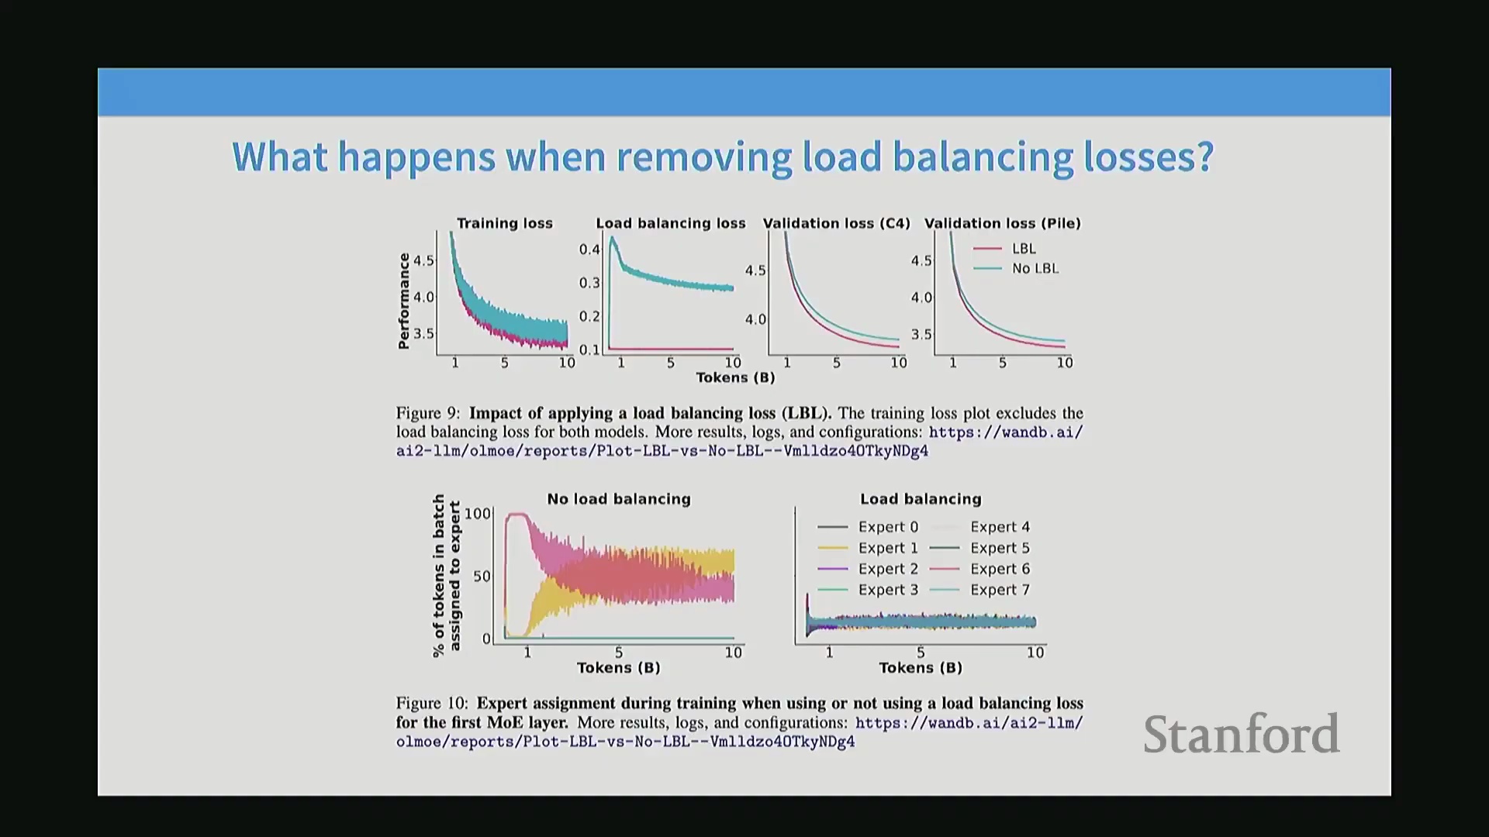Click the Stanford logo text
[1241, 734]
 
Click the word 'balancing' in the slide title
[983, 158]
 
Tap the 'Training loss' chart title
[505, 223]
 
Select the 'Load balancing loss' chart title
[671, 223]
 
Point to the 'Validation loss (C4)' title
[837, 223]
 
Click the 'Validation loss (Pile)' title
[1003, 223]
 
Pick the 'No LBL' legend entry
[1016, 268]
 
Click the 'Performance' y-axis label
[403, 301]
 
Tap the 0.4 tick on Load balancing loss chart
[589, 250]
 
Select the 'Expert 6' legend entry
[980, 569]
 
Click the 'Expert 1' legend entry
[868, 548]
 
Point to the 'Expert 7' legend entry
[980, 590]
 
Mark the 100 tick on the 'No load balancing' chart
[478, 514]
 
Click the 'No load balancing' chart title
[619, 499]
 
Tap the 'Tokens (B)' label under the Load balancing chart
[921, 668]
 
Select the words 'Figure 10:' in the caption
[432, 703]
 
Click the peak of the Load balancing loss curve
[613, 238]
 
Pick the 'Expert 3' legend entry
[868, 590]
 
